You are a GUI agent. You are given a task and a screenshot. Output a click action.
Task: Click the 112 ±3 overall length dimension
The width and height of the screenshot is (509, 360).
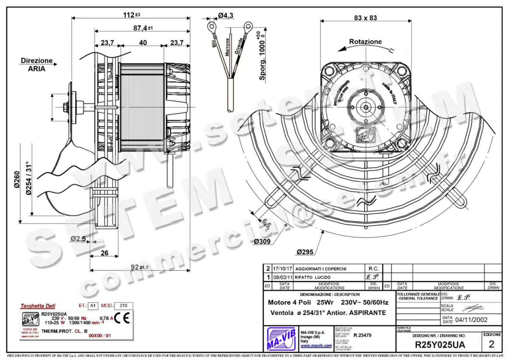click(131, 14)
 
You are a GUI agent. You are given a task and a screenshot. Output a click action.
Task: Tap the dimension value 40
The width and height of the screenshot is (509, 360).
click(143, 42)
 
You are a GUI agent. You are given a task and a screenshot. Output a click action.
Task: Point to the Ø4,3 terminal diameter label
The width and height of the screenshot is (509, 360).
click(226, 15)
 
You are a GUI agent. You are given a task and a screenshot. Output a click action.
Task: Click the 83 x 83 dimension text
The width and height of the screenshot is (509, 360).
click(365, 18)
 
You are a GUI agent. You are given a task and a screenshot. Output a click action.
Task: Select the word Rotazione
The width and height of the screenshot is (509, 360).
click(365, 42)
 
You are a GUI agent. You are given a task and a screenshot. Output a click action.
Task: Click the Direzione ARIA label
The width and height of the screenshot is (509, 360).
click(37, 65)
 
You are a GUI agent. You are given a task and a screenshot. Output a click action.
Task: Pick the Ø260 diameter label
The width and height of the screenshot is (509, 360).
click(17, 180)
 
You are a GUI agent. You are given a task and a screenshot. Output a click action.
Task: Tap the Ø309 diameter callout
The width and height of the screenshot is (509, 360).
click(263, 242)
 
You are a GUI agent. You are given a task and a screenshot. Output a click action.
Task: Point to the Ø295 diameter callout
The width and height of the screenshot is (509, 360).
click(305, 252)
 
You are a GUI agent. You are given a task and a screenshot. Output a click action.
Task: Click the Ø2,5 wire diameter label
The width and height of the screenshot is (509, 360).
click(78, 239)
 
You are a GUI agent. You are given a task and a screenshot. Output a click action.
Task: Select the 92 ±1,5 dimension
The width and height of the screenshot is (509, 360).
click(139, 267)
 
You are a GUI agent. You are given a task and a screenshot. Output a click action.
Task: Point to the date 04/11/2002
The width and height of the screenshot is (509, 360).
click(470, 320)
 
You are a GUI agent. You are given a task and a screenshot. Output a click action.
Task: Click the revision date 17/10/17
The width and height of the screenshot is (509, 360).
click(283, 269)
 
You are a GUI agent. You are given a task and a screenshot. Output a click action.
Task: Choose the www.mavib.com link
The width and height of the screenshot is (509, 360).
click(316, 346)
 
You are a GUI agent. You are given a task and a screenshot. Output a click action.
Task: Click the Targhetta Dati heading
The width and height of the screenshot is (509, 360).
click(38, 306)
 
